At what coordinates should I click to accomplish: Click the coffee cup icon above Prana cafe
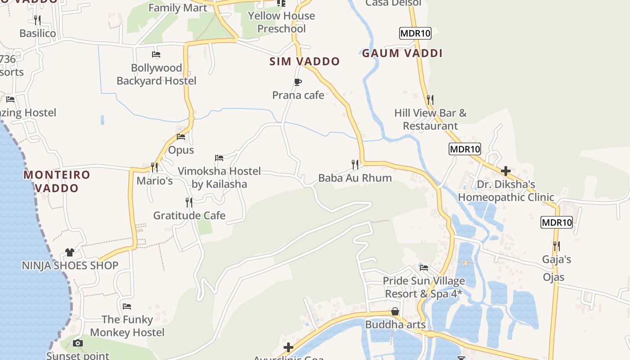pyautogui.click(x=297, y=82)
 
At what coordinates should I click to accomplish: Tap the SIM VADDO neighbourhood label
pyautogui.click(x=305, y=62)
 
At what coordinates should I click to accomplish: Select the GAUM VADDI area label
pyautogui.click(x=402, y=53)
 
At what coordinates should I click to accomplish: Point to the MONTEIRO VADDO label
pyautogui.click(x=57, y=181)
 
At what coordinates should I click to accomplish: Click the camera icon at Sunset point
pyautogui.click(x=78, y=343)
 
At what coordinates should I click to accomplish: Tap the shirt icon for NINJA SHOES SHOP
pyautogui.click(x=70, y=252)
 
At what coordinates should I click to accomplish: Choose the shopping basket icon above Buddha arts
pyautogui.click(x=395, y=311)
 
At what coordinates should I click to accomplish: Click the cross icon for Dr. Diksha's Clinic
pyautogui.click(x=506, y=171)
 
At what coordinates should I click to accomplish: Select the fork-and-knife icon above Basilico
pyautogui.click(x=37, y=20)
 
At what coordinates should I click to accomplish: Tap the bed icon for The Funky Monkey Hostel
pyautogui.click(x=127, y=306)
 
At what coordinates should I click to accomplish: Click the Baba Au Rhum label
pyautogui.click(x=355, y=178)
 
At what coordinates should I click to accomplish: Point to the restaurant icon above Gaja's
pyautogui.click(x=557, y=246)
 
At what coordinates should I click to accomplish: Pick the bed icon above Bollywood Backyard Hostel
pyautogui.click(x=156, y=54)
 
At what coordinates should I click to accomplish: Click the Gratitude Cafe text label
pyautogui.click(x=189, y=216)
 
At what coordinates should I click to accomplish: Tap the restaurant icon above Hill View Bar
pyautogui.click(x=430, y=99)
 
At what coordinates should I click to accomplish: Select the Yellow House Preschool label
pyautogui.click(x=282, y=22)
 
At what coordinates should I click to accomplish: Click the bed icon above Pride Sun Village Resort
pyautogui.click(x=424, y=268)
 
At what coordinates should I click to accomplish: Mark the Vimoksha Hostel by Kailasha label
pyautogui.click(x=219, y=177)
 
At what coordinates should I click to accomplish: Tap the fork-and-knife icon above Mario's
pyautogui.click(x=154, y=167)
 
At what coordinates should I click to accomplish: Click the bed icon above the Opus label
pyautogui.click(x=181, y=137)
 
